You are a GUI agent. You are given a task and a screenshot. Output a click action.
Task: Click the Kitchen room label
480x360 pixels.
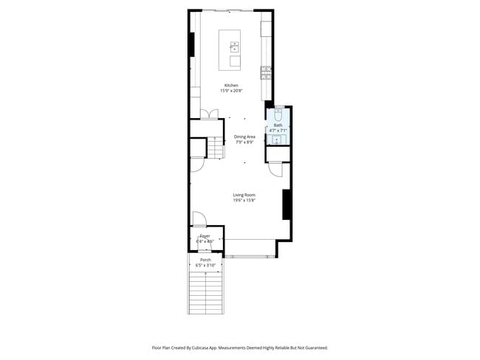pos(232,86)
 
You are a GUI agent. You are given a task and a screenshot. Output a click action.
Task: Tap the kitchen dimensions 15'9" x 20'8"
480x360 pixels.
pos(232,91)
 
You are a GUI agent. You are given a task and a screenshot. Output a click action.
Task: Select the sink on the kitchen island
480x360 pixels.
pos(235,47)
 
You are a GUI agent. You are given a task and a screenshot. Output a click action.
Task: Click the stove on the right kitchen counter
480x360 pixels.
pos(266,72)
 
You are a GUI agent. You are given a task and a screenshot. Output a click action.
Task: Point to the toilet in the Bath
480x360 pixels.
pos(278,114)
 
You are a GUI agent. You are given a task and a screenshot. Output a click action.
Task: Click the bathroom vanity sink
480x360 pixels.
pos(278,139)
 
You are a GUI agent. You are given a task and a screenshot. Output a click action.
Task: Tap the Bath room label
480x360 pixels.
pos(278,125)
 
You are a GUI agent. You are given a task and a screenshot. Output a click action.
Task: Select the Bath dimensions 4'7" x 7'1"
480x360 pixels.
pos(278,131)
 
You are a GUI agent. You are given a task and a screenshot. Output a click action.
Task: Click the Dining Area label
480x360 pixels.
pos(244,137)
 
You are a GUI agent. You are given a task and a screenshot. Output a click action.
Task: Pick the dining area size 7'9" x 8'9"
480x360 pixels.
pos(244,142)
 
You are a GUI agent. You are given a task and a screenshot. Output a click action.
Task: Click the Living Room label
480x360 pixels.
pos(244,195)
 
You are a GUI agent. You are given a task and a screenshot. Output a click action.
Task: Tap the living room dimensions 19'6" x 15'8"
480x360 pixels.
pos(244,200)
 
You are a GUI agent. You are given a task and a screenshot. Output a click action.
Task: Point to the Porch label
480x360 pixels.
pos(205,260)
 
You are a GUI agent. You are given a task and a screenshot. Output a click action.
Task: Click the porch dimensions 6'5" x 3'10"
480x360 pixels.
pos(205,265)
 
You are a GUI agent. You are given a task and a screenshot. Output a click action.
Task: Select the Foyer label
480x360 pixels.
pos(205,236)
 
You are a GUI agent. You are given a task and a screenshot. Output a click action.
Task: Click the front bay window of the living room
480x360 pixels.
pos(250,256)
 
